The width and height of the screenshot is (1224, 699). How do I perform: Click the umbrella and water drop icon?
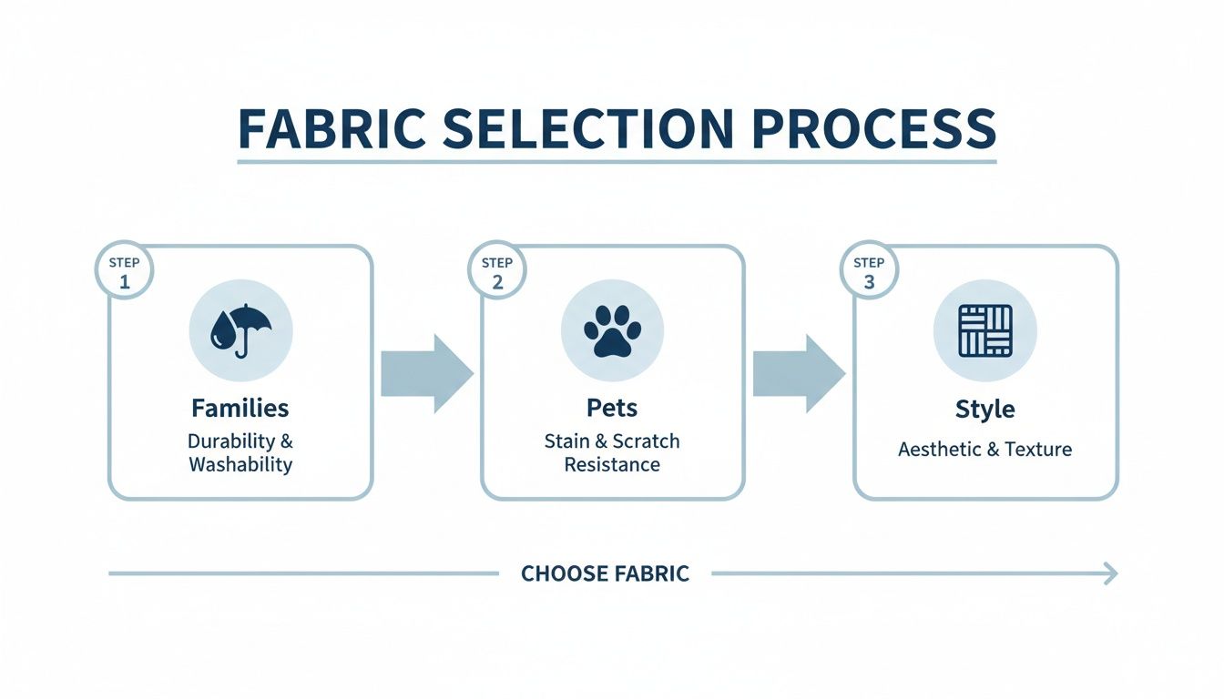(240, 329)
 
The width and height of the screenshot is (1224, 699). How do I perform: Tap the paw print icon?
(612, 329)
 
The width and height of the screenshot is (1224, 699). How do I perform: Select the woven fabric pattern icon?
(984, 329)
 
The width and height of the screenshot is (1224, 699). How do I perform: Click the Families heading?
(240, 408)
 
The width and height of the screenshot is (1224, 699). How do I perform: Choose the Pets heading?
(612, 408)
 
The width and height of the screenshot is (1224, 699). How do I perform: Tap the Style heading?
(984, 410)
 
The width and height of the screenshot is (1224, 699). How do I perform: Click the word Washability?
(240, 464)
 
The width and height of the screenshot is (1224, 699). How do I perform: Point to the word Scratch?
(646, 441)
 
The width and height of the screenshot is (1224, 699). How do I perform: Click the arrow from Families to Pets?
(426, 373)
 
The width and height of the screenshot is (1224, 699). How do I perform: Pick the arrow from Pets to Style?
(799, 373)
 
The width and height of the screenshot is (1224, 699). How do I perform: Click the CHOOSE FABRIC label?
(605, 573)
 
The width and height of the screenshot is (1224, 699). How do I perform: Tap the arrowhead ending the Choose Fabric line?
(1109, 573)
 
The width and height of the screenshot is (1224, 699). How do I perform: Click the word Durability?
(230, 441)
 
